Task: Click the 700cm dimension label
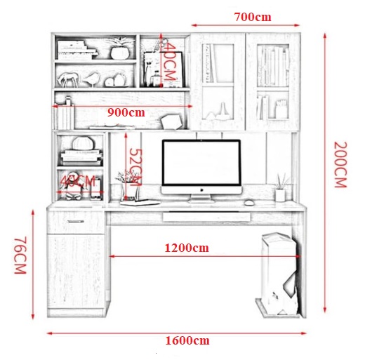point(252,17)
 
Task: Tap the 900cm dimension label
point(126,112)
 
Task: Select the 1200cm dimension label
point(187,248)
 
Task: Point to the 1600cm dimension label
point(187,340)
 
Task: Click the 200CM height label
point(340,164)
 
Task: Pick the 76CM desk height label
point(20,255)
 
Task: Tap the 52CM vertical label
point(136,168)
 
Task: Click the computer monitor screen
point(201,163)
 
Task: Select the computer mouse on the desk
point(249,203)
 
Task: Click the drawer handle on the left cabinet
point(75,221)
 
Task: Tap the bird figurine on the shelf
point(91,79)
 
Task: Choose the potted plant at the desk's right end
point(281,187)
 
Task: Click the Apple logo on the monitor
point(201,190)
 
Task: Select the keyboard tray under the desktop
point(206,217)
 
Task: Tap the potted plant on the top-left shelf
point(120,48)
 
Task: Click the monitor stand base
point(201,200)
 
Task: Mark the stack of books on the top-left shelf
point(77,50)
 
